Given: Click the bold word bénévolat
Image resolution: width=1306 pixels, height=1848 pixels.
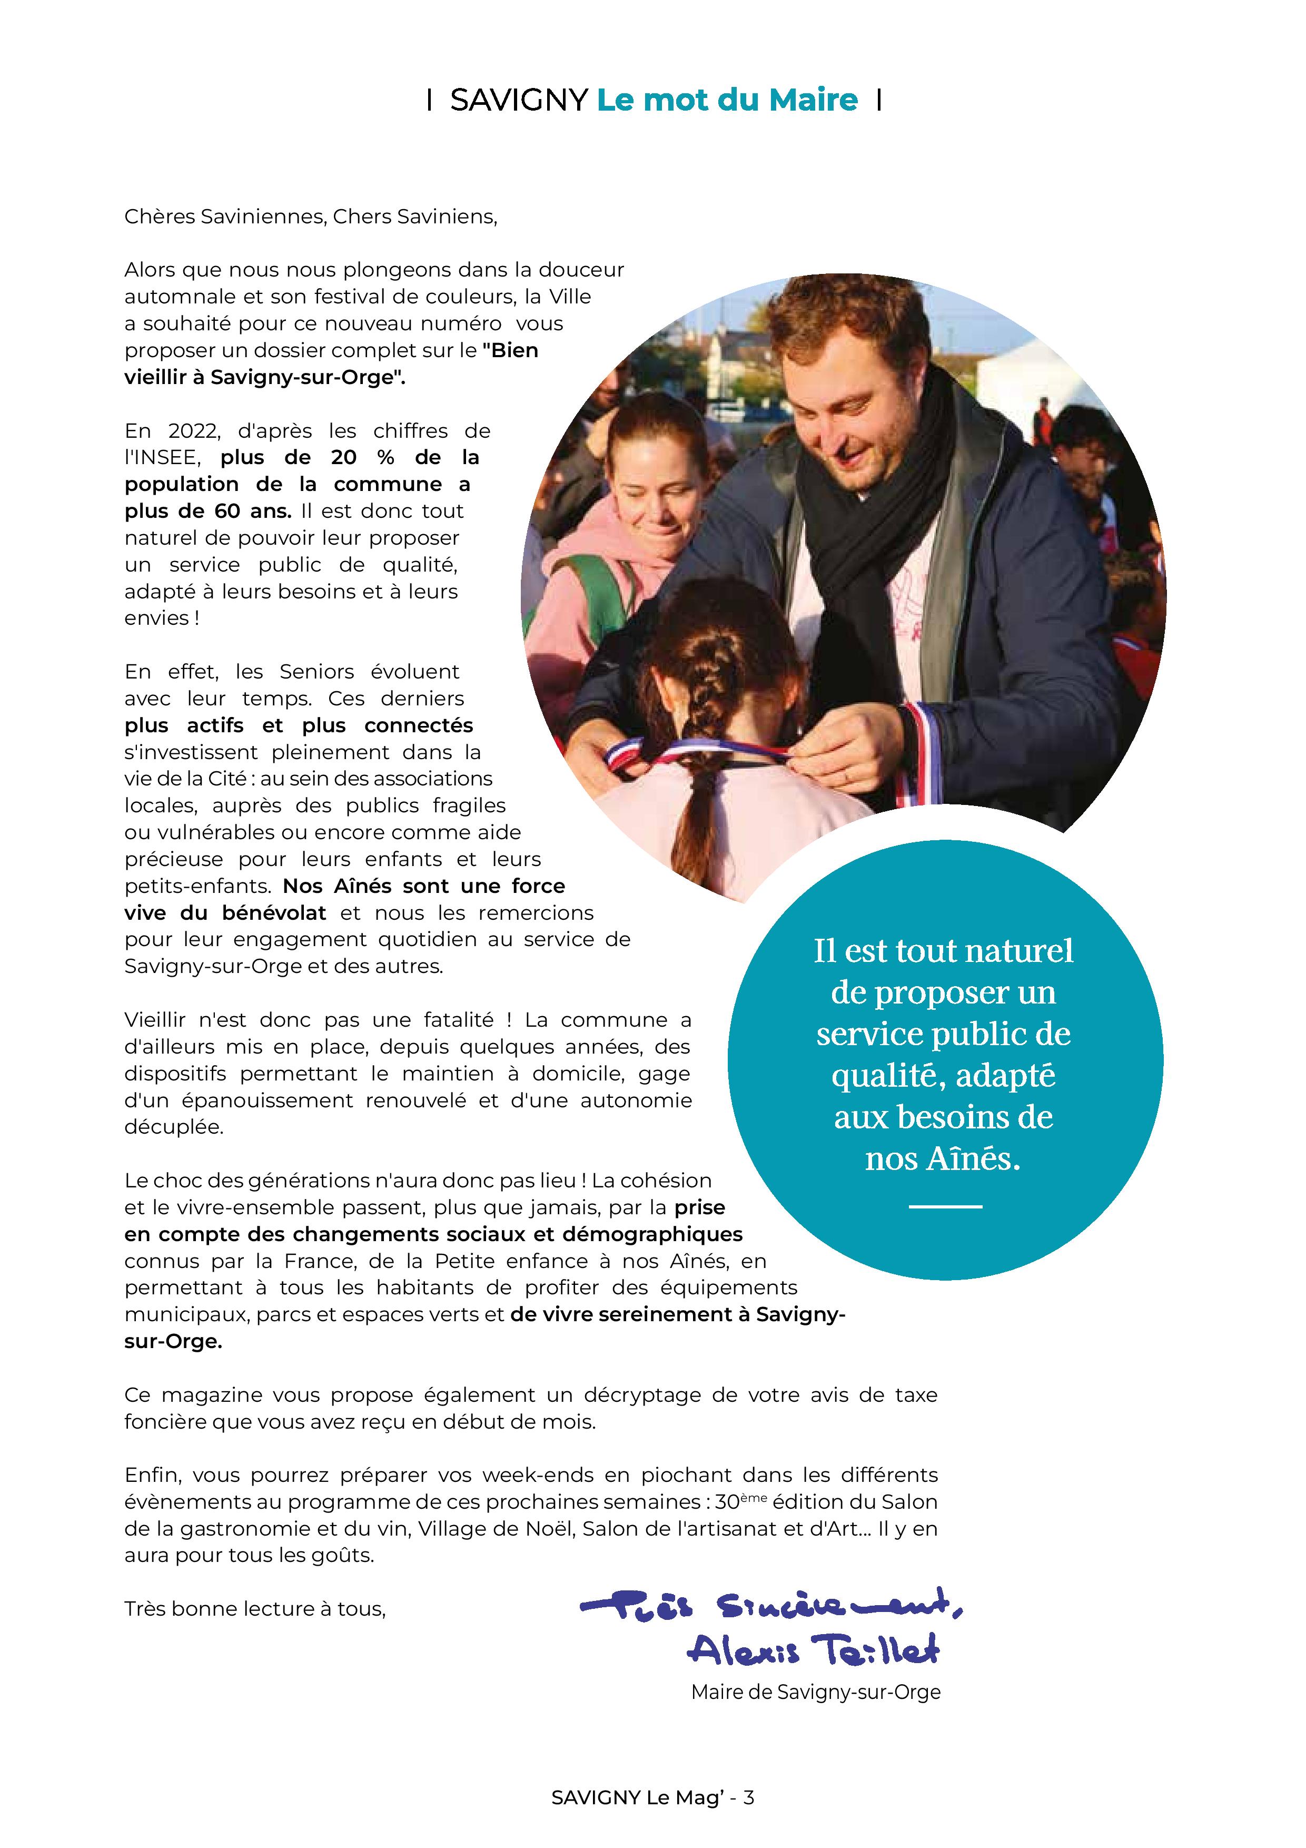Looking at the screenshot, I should click(274, 913).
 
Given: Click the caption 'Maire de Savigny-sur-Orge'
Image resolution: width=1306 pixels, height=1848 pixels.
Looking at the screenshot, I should click(815, 1693).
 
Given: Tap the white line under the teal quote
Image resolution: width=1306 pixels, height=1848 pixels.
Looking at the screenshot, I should click(945, 1206).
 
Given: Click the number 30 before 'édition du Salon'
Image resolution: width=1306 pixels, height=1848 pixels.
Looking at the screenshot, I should click(727, 1503).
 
